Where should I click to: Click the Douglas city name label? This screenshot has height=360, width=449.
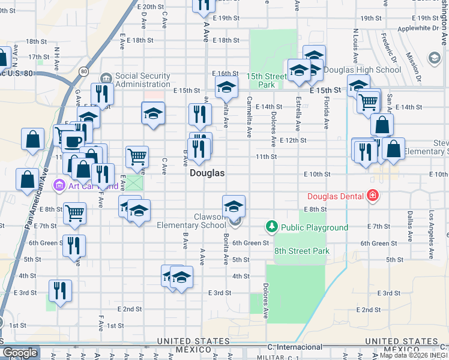[207, 173]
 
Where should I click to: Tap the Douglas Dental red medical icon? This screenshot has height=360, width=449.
[373, 196]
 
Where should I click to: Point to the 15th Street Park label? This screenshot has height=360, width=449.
[267, 80]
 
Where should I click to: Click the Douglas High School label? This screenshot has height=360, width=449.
[362, 70]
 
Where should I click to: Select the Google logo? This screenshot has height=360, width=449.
[20, 353]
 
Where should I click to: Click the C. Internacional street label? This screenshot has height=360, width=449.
[295, 347]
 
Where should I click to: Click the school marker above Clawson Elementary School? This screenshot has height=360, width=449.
[234, 206]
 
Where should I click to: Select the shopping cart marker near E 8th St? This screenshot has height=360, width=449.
[74, 213]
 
